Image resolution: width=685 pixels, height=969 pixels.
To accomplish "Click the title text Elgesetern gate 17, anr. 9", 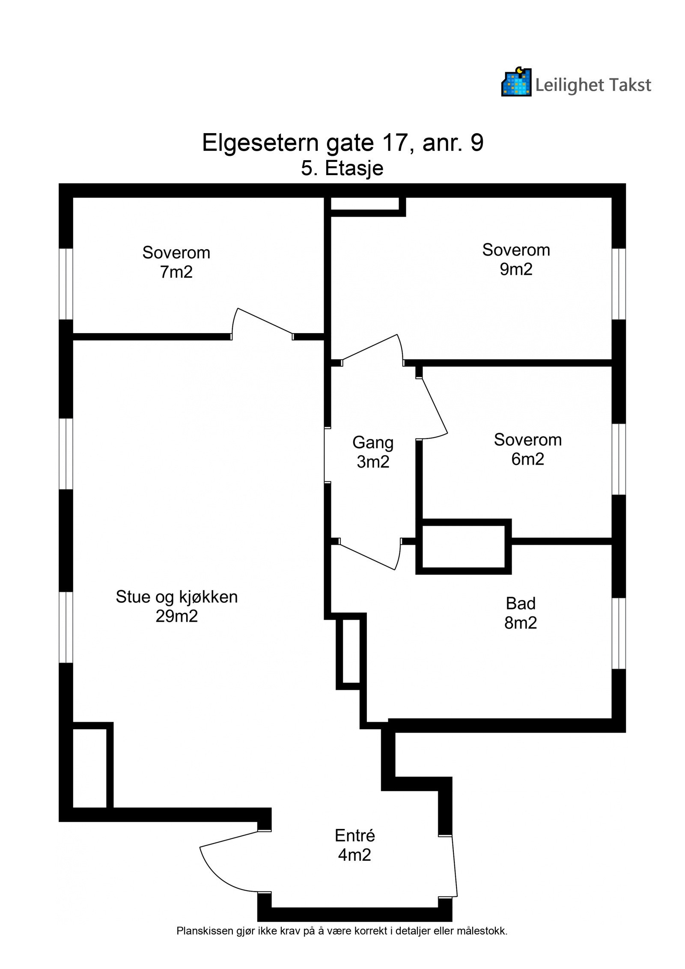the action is [x=342, y=143].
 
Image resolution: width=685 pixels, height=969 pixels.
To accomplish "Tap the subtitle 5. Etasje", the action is [x=342, y=169].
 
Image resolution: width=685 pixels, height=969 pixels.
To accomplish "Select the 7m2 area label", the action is [x=176, y=272].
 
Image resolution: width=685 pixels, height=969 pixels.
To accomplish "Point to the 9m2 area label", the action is [x=516, y=269].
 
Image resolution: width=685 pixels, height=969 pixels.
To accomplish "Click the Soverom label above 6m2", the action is [x=527, y=440].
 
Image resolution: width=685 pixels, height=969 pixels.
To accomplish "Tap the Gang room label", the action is [x=373, y=443].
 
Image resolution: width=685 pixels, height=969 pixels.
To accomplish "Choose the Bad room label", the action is [x=521, y=603].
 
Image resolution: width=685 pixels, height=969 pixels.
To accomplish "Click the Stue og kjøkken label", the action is [x=176, y=597].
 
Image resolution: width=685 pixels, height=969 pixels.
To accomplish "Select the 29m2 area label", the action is [x=176, y=616].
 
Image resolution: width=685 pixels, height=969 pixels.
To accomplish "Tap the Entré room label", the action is [x=355, y=835].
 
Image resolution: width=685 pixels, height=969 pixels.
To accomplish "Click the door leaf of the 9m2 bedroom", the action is [x=369, y=347].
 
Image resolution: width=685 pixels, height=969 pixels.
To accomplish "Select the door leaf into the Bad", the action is [x=366, y=555].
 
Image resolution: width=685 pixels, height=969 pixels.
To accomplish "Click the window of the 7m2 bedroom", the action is [x=66, y=284].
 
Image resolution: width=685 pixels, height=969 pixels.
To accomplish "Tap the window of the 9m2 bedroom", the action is [x=619, y=284].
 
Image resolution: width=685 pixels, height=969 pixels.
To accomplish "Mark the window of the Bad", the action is [x=619, y=633].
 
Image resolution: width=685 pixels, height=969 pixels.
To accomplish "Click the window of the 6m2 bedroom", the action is [x=619, y=459].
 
